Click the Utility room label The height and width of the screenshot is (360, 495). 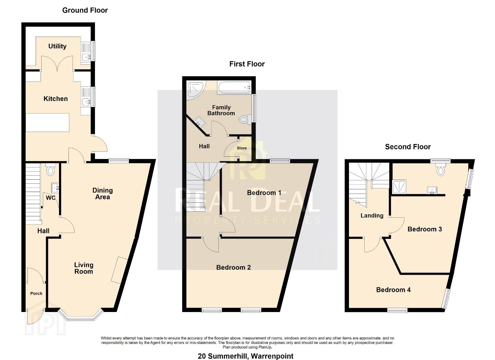(x=57, y=46)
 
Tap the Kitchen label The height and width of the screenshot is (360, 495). (x=55, y=99)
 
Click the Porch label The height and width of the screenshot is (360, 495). (x=36, y=293)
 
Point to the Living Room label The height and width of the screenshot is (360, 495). (x=84, y=268)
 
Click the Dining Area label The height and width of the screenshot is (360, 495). (x=103, y=194)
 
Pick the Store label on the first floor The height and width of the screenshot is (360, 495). (x=242, y=148)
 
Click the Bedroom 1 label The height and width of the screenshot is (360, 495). (x=264, y=193)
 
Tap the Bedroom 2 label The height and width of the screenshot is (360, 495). (x=234, y=267)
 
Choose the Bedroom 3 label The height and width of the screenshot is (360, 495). (x=425, y=229)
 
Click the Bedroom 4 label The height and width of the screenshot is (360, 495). (x=393, y=290)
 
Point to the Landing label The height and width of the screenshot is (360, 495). (x=372, y=216)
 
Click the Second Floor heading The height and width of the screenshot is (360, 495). (x=408, y=147)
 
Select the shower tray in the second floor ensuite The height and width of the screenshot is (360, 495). (x=399, y=187)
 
